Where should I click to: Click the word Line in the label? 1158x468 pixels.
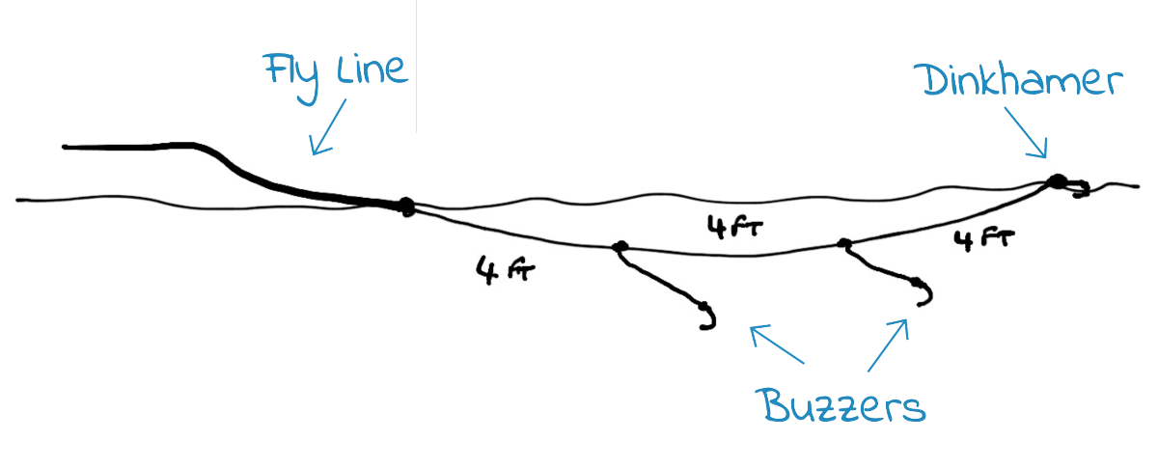coord(372,69)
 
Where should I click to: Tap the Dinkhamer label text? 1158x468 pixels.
coord(1018,80)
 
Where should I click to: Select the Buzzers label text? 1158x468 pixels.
coord(841,406)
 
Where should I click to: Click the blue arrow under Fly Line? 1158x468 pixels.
coord(328,126)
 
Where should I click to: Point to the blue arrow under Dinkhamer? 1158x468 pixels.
coord(1026,132)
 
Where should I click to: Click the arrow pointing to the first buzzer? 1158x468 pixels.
coord(777,344)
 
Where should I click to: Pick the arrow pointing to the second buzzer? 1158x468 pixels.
coord(888,344)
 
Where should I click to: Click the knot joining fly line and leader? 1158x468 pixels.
coord(406,206)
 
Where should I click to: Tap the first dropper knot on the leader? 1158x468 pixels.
coord(620,246)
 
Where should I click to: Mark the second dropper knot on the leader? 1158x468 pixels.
coord(844,243)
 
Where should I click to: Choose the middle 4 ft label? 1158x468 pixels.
coord(735,227)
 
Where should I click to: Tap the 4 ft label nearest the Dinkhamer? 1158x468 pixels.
coord(984,240)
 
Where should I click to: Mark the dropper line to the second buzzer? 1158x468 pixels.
coord(879,266)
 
